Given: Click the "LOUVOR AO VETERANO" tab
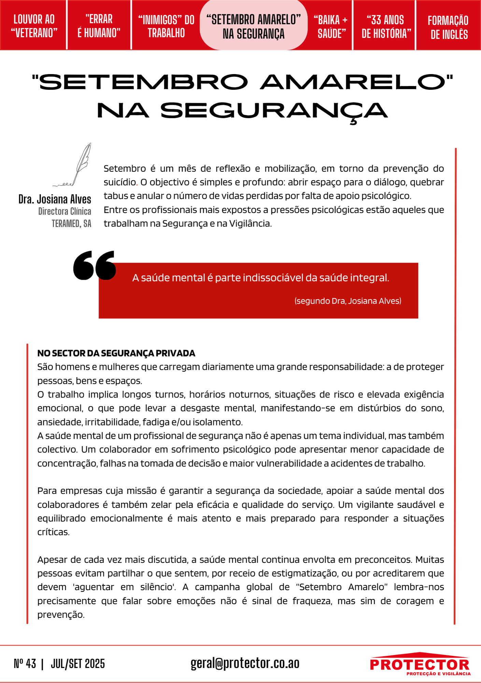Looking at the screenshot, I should coord(34,26).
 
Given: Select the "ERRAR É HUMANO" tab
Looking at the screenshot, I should coord(99,26).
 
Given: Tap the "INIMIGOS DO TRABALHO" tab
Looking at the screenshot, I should coord(166,26).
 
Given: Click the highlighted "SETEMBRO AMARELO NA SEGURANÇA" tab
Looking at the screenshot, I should coord(253,26).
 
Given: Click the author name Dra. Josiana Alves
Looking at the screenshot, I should coord(55,199).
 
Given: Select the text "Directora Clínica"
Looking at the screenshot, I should coord(65,211).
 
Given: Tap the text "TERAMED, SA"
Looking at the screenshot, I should coord(71,224).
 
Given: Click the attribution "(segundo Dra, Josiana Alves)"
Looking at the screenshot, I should coord(348,301).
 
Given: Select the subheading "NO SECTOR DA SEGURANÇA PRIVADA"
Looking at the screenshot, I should coord(116,353).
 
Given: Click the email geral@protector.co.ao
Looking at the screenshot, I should coord(245,663).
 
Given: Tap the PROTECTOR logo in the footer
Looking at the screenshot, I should coord(420,664).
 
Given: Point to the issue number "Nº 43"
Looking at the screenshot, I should coord(25,664).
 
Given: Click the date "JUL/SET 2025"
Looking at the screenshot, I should coord(78,664).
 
